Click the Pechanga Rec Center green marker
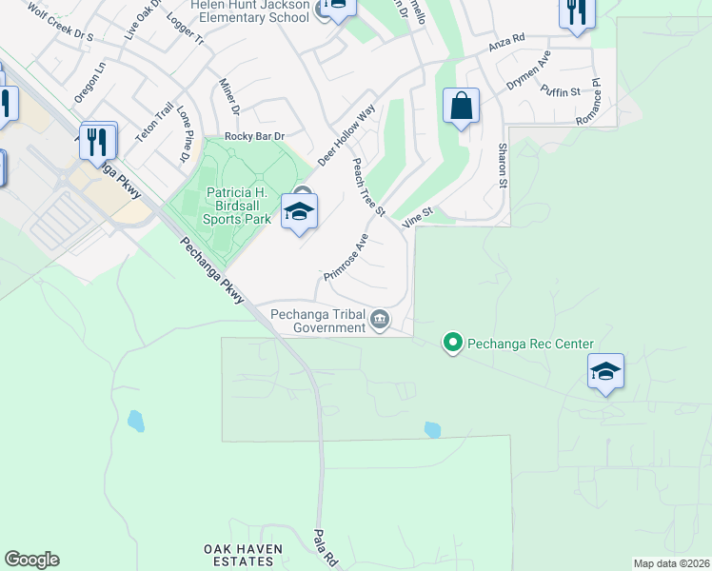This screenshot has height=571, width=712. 453,344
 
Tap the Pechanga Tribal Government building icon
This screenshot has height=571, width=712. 381,318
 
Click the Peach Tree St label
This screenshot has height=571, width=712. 367,187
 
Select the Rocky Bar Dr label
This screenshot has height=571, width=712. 254,137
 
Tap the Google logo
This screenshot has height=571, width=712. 31,560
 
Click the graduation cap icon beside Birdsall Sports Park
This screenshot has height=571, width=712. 299,213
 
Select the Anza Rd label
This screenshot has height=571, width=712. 506,44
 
